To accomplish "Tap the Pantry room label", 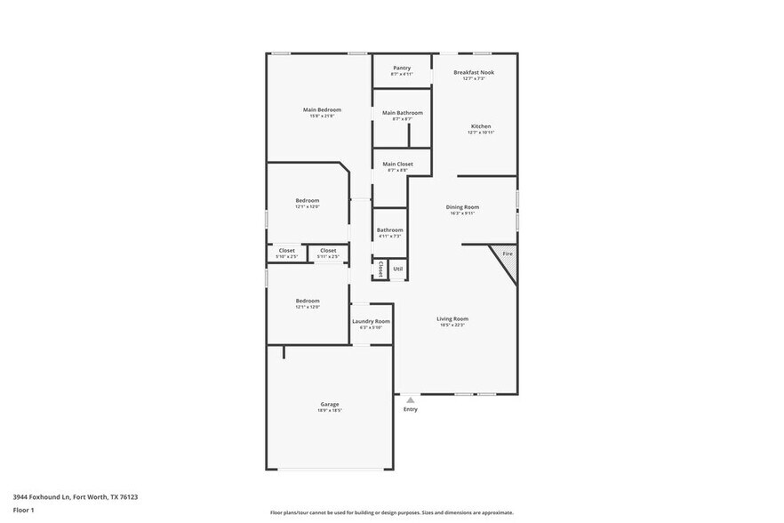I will pos(402,68).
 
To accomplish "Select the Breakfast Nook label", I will pos(473,72).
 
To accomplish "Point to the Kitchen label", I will pos(481,126).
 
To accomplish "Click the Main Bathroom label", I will pos(402,113).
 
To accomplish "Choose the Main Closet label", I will pos(397,164).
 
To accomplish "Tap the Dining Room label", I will pos(462,207).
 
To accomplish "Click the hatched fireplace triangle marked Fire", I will pos(506,256).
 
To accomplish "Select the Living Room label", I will pos(452,318).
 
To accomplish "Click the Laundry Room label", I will pos(371,321).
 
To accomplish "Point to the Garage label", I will pos(329,404).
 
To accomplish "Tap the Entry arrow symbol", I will pos(410,400).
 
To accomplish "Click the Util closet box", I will pos(397,269).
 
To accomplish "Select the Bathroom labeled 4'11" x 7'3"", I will pos(389,230).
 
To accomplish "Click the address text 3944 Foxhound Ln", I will pos(75,497).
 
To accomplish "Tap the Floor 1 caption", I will pos(23,510).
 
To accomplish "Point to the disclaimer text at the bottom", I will pos(391,512).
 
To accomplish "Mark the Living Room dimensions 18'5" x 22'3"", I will pos(452,325).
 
